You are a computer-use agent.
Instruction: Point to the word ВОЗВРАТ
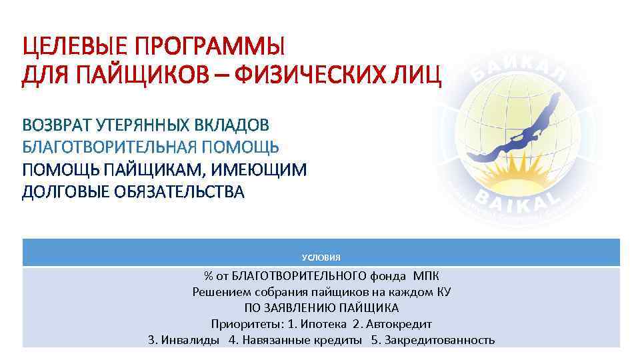[x=57, y=125]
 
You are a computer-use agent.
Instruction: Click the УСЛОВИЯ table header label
[x=321, y=257]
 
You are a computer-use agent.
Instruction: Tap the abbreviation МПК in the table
[x=426, y=276]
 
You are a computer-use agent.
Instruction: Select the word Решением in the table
[x=217, y=292]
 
